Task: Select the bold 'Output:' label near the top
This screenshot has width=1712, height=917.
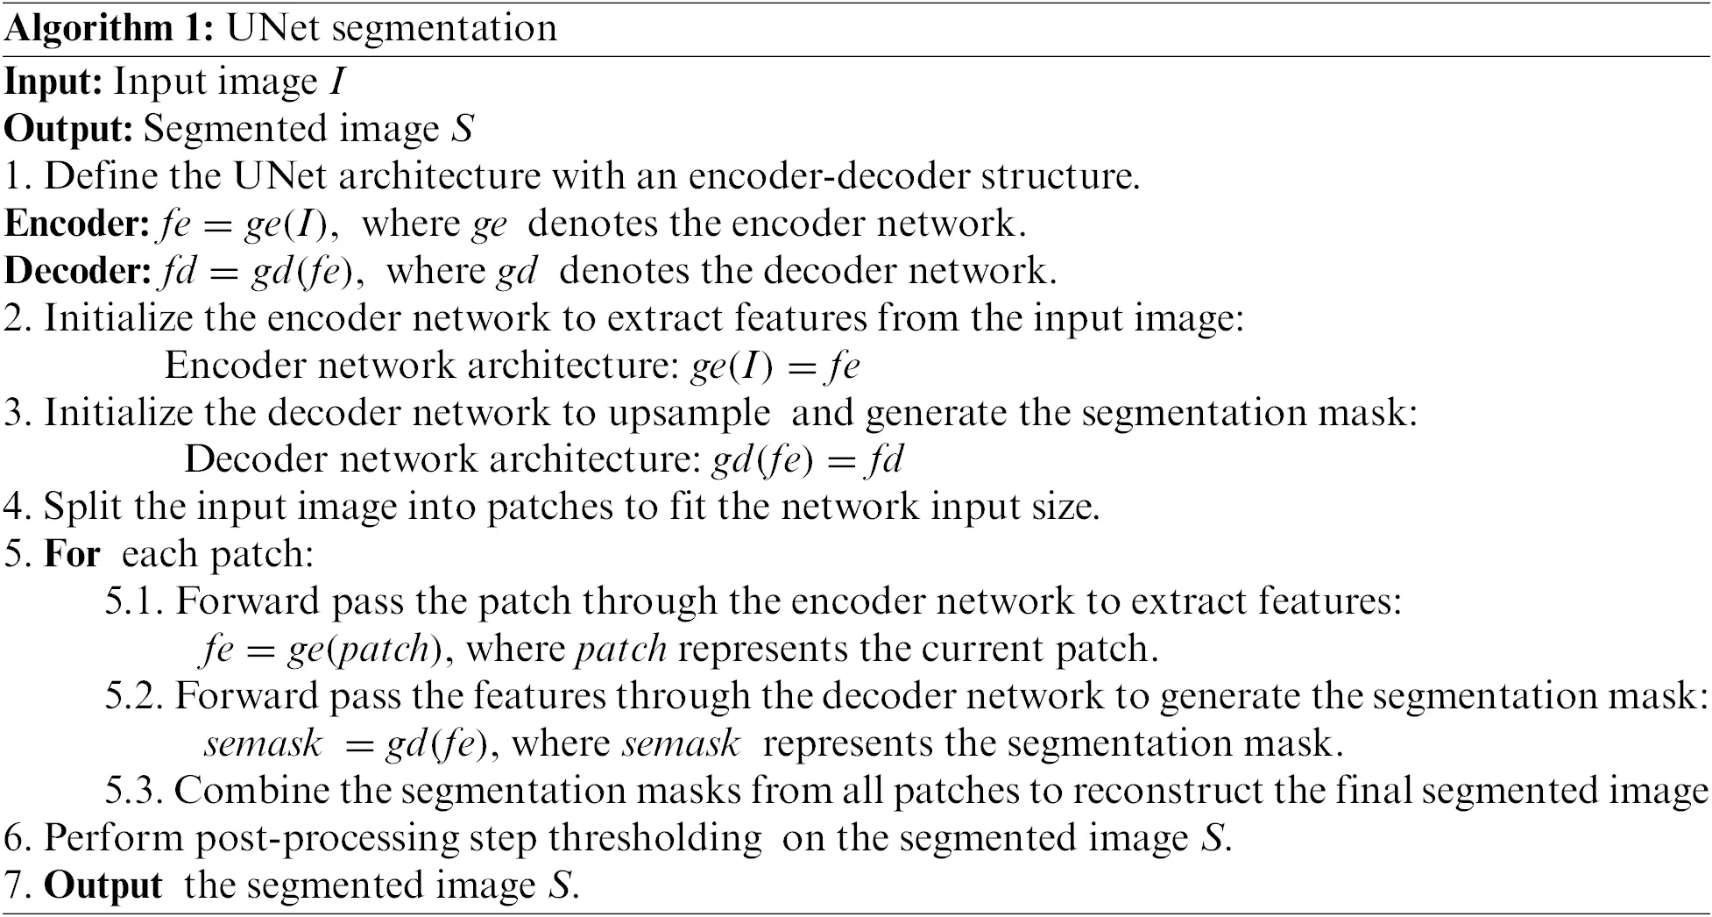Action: pos(68,130)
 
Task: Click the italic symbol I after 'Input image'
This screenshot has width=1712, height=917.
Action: pos(337,82)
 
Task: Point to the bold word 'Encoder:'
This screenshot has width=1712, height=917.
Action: pos(77,224)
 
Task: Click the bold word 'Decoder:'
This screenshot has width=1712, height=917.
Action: pos(77,272)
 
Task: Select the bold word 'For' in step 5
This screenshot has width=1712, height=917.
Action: pos(72,555)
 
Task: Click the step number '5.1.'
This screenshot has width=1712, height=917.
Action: pos(135,602)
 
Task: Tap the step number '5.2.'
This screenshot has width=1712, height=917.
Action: pos(135,697)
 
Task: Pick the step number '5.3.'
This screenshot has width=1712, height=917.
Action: pos(135,792)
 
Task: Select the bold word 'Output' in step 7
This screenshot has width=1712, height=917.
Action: pos(103,885)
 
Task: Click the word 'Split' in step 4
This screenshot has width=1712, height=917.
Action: pos(81,508)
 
